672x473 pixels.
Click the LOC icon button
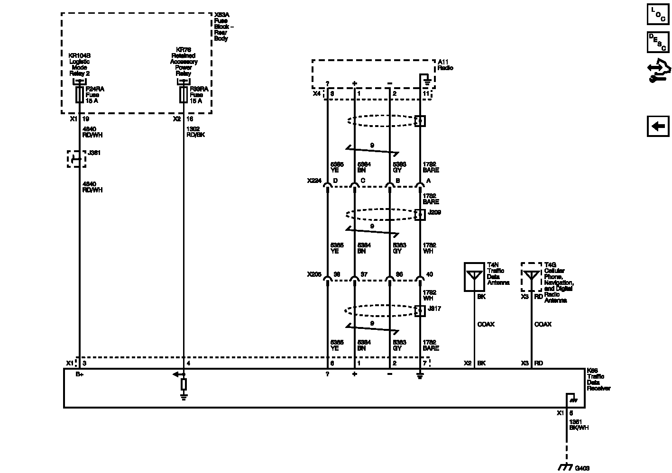pyautogui.click(x=658, y=14)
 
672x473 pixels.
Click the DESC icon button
pyautogui.click(x=658, y=42)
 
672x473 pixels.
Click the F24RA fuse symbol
pyautogui.click(x=80, y=95)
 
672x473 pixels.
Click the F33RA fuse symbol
pyautogui.click(x=184, y=95)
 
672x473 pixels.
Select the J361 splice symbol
pyautogui.click(x=76, y=159)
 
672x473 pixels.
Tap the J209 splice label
pyautogui.click(x=434, y=212)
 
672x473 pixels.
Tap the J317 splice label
pyautogui.click(x=434, y=309)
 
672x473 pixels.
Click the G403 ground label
pyautogui.click(x=582, y=468)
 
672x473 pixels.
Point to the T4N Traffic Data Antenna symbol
pyautogui.click(x=474, y=277)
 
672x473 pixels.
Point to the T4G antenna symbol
pyautogui.click(x=531, y=277)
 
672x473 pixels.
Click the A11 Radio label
pyautogui.click(x=445, y=65)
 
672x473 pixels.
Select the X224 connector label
pyautogui.click(x=313, y=181)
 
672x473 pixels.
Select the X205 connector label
pyautogui.click(x=313, y=274)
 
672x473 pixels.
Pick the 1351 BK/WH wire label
pyautogui.click(x=578, y=425)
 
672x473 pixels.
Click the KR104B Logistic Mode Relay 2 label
pyautogui.click(x=79, y=64)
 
